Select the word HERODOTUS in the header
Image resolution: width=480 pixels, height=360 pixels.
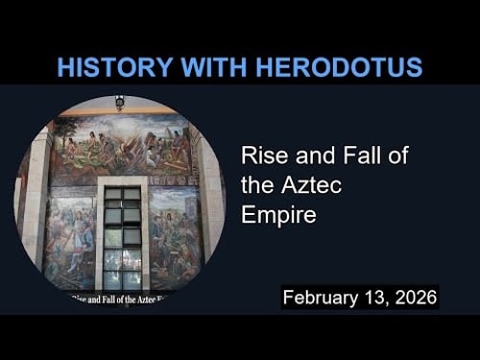336,67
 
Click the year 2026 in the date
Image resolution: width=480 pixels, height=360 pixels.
414,297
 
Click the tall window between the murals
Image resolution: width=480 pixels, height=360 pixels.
122,235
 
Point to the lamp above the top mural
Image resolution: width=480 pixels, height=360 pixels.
119,103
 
